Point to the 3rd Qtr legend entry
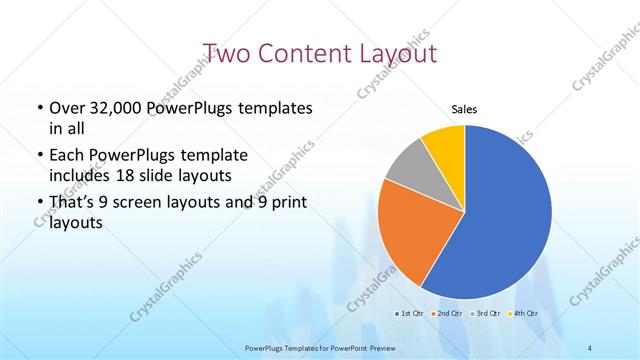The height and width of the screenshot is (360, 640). [x=486, y=314]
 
